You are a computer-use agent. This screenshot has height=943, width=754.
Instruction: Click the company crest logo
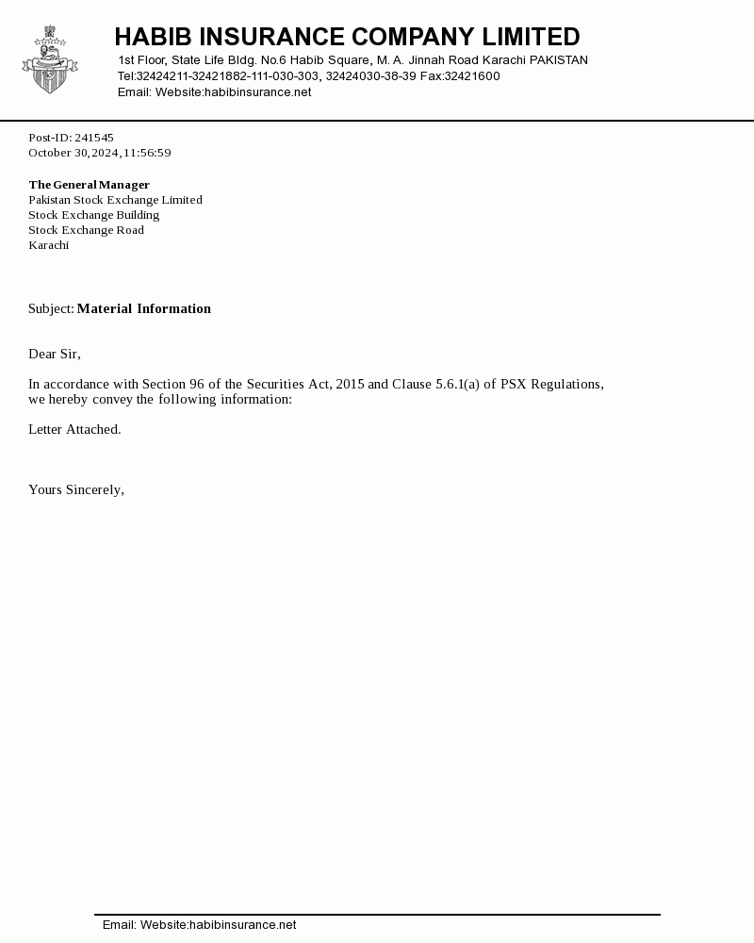point(50,61)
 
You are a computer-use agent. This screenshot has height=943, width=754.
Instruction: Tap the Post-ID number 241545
point(94,138)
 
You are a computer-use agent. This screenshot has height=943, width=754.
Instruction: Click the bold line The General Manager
point(89,185)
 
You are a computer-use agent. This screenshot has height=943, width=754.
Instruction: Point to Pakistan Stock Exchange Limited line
point(115,200)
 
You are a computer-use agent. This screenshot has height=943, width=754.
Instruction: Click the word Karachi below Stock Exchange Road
point(48,245)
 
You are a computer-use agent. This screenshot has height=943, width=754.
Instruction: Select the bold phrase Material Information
point(143,308)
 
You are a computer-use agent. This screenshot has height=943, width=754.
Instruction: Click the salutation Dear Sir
point(54,354)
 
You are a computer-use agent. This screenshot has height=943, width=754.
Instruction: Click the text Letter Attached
point(74,429)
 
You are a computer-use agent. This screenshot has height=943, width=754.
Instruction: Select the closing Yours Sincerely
point(75,489)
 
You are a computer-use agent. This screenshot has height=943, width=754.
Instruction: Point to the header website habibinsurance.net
point(257,92)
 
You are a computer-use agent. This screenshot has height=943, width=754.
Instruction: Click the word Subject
point(50,308)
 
